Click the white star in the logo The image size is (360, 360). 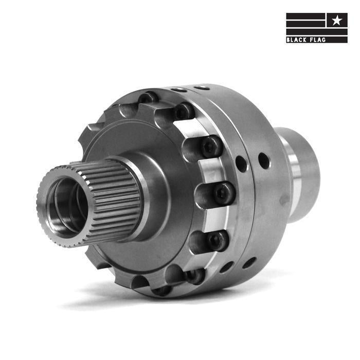[336, 20]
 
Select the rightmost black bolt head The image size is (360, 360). [224, 193]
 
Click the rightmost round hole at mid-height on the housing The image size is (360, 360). [263, 160]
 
